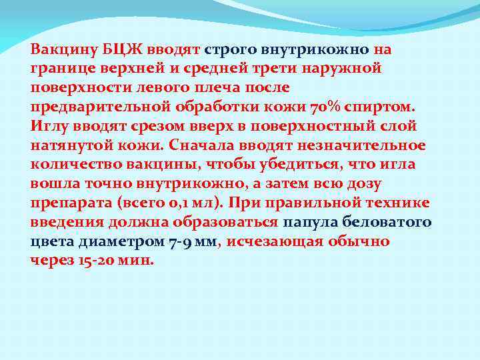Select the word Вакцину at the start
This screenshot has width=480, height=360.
click(58, 49)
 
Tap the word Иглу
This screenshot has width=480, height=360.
click(47, 126)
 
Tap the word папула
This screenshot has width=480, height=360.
click(311, 222)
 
